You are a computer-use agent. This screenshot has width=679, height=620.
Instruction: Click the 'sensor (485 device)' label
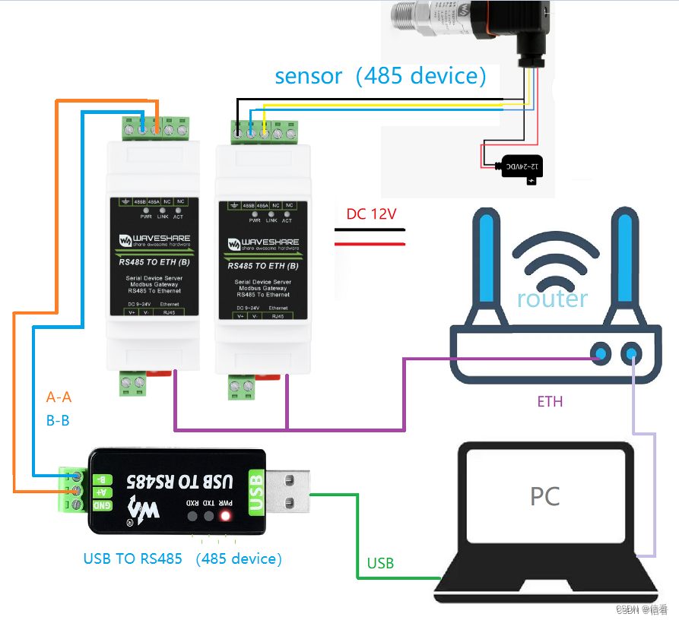coord(380,76)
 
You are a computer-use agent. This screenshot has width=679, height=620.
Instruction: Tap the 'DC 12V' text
coord(371,214)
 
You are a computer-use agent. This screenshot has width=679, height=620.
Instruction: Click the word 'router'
coord(552,298)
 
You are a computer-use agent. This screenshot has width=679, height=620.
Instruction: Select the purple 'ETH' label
coord(550,401)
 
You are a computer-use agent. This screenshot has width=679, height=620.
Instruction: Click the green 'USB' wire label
coord(380,563)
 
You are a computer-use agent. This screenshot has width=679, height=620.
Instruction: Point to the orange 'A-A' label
coord(59,397)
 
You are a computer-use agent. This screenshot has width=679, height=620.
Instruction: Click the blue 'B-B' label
coord(58,419)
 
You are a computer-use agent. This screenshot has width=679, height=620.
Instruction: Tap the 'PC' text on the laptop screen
coord(544,496)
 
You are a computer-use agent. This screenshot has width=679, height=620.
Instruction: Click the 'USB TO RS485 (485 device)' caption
coord(182,558)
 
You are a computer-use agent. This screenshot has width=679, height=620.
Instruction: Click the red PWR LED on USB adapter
coord(225,517)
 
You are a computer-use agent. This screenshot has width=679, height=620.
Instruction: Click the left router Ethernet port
coord(601,353)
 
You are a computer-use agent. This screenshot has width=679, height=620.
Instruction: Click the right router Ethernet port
coord(631,353)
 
